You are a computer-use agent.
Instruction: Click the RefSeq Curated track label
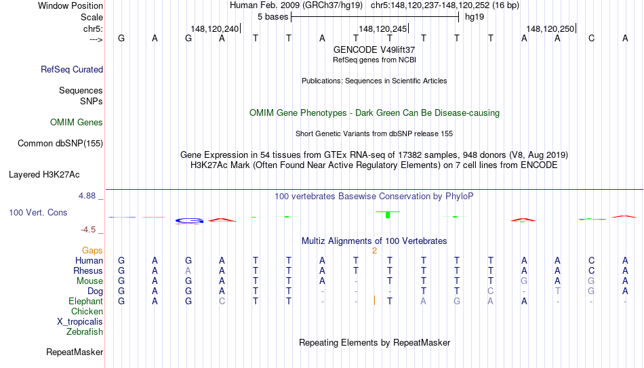72,69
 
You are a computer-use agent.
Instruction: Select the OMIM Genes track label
77,123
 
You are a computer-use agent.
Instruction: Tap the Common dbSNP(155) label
60,144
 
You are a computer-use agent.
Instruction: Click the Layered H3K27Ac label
44,175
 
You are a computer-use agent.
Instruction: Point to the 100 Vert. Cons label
38,212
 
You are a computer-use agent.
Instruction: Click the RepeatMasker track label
75,352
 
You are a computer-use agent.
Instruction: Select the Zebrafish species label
85,331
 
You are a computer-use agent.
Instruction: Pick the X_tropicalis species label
80,322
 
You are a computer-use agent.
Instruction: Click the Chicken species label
87,311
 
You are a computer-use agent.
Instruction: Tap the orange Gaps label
92,251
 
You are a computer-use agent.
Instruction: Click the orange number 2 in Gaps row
375,251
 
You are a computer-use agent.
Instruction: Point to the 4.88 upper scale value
87,196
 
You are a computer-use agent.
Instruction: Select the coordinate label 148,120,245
383,28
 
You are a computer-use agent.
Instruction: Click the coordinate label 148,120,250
550,28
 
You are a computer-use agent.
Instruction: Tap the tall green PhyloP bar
388,214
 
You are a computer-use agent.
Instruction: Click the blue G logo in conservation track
188,221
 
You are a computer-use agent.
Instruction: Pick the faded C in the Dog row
490,291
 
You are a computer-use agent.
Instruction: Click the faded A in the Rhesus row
188,270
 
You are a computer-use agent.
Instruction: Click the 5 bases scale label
273,17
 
